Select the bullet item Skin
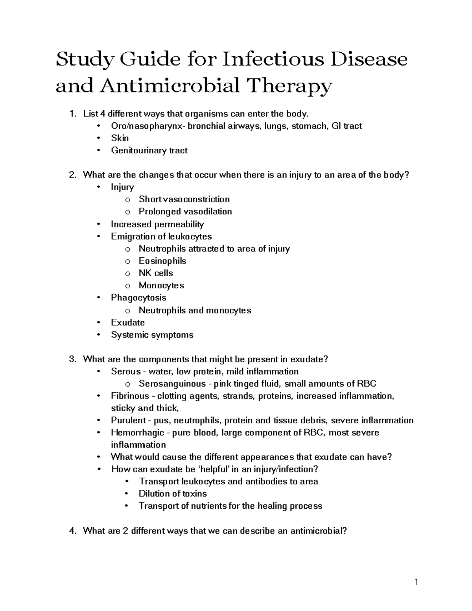tap(120, 138)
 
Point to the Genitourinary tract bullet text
tap(149, 150)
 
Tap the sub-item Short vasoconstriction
tap(184, 199)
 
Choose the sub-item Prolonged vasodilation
tap(185, 211)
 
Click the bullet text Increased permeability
tap(157, 224)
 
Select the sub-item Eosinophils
tap(162, 261)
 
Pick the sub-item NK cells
tap(156, 273)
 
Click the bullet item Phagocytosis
tap(138, 297)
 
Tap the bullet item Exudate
tap(128, 323)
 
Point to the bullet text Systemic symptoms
tap(152, 335)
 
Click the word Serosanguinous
tap(172, 384)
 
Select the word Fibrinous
tap(130, 396)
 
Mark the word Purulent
tap(129, 420)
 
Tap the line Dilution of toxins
tap(173, 493)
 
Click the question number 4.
tap(72, 531)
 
